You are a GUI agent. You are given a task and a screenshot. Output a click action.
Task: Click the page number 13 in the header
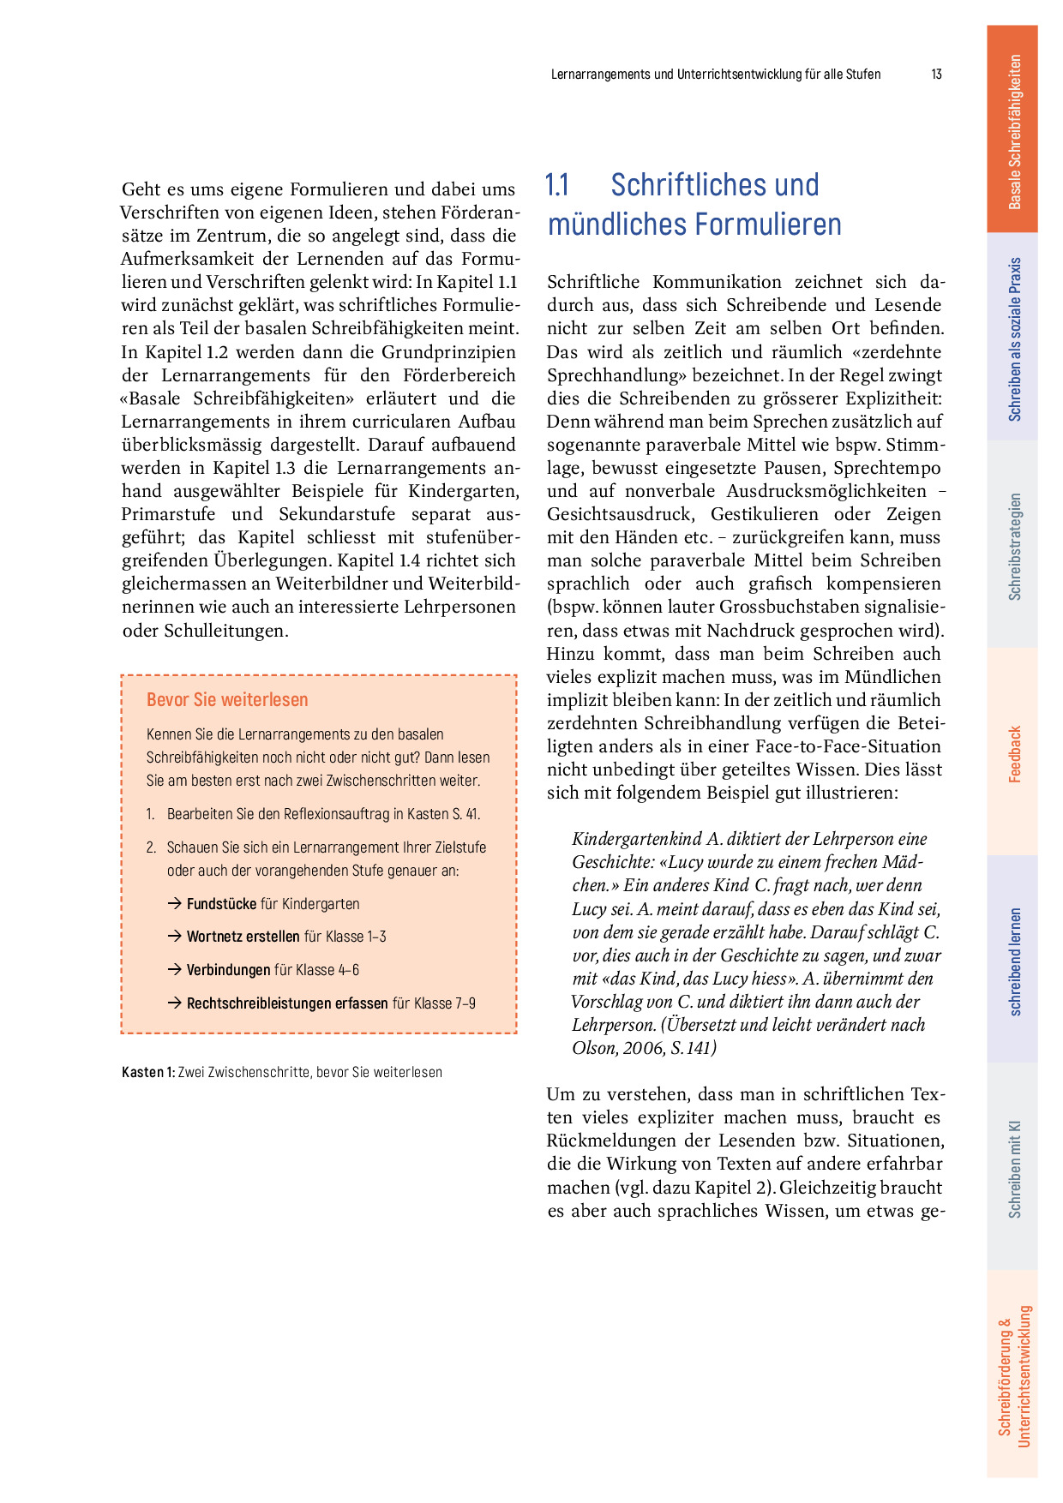click(936, 75)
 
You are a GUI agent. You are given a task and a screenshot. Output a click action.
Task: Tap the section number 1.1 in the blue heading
click(557, 185)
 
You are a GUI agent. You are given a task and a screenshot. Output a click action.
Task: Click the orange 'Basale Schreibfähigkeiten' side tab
click(1013, 130)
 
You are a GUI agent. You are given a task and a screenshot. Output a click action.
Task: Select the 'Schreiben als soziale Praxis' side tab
click(1013, 338)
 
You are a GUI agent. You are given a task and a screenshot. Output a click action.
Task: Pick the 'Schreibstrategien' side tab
click(1013, 545)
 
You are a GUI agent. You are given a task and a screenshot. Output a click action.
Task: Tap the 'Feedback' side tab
click(1013, 753)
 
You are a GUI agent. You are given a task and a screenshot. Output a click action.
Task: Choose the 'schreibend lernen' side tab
click(1013, 961)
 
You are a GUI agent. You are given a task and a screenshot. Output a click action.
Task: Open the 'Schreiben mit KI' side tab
click(1013, 1168)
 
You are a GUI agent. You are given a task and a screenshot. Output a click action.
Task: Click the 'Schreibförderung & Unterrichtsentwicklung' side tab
click(1013, 1376)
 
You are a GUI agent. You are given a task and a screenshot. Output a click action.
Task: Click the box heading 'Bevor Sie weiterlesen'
click(227, 699)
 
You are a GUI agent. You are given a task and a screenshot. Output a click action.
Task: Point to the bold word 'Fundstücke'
click(221, 904)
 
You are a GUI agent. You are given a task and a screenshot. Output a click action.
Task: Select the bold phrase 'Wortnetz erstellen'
click(243, 937)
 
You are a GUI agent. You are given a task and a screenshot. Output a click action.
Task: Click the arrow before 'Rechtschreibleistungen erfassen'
click(174, 1003)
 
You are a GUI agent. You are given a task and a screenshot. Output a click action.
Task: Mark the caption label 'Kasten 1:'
click(148, 1072)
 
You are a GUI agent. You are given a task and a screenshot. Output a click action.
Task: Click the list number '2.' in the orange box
click(152, 847)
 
